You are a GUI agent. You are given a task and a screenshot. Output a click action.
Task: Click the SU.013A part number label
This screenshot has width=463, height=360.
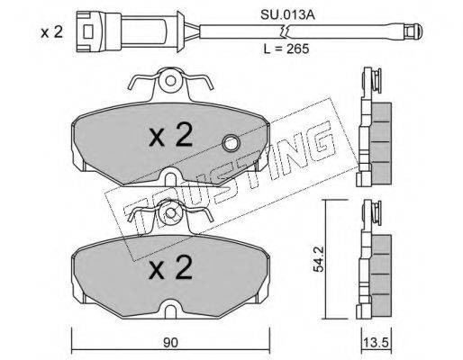tap(287, 14)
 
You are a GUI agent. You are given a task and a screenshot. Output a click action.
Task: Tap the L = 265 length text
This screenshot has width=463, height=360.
tap(286, 49)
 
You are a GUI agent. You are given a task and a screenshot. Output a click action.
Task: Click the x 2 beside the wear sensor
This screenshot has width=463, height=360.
tap(51, 31)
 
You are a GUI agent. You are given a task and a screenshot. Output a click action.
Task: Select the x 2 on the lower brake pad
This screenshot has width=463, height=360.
tap(170, 267)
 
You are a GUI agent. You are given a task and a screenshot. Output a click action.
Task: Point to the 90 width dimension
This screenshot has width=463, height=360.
tap(170, 342)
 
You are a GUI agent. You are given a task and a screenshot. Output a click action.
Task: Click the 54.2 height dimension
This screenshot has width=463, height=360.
tap(318, 259)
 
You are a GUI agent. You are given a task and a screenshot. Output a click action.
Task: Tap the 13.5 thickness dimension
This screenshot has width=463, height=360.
tap(376, 342)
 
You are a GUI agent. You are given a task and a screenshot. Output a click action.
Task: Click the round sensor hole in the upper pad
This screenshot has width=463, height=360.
tap(231, 144)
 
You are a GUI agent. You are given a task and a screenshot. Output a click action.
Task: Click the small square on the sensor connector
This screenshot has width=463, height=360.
tap(88, 31)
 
